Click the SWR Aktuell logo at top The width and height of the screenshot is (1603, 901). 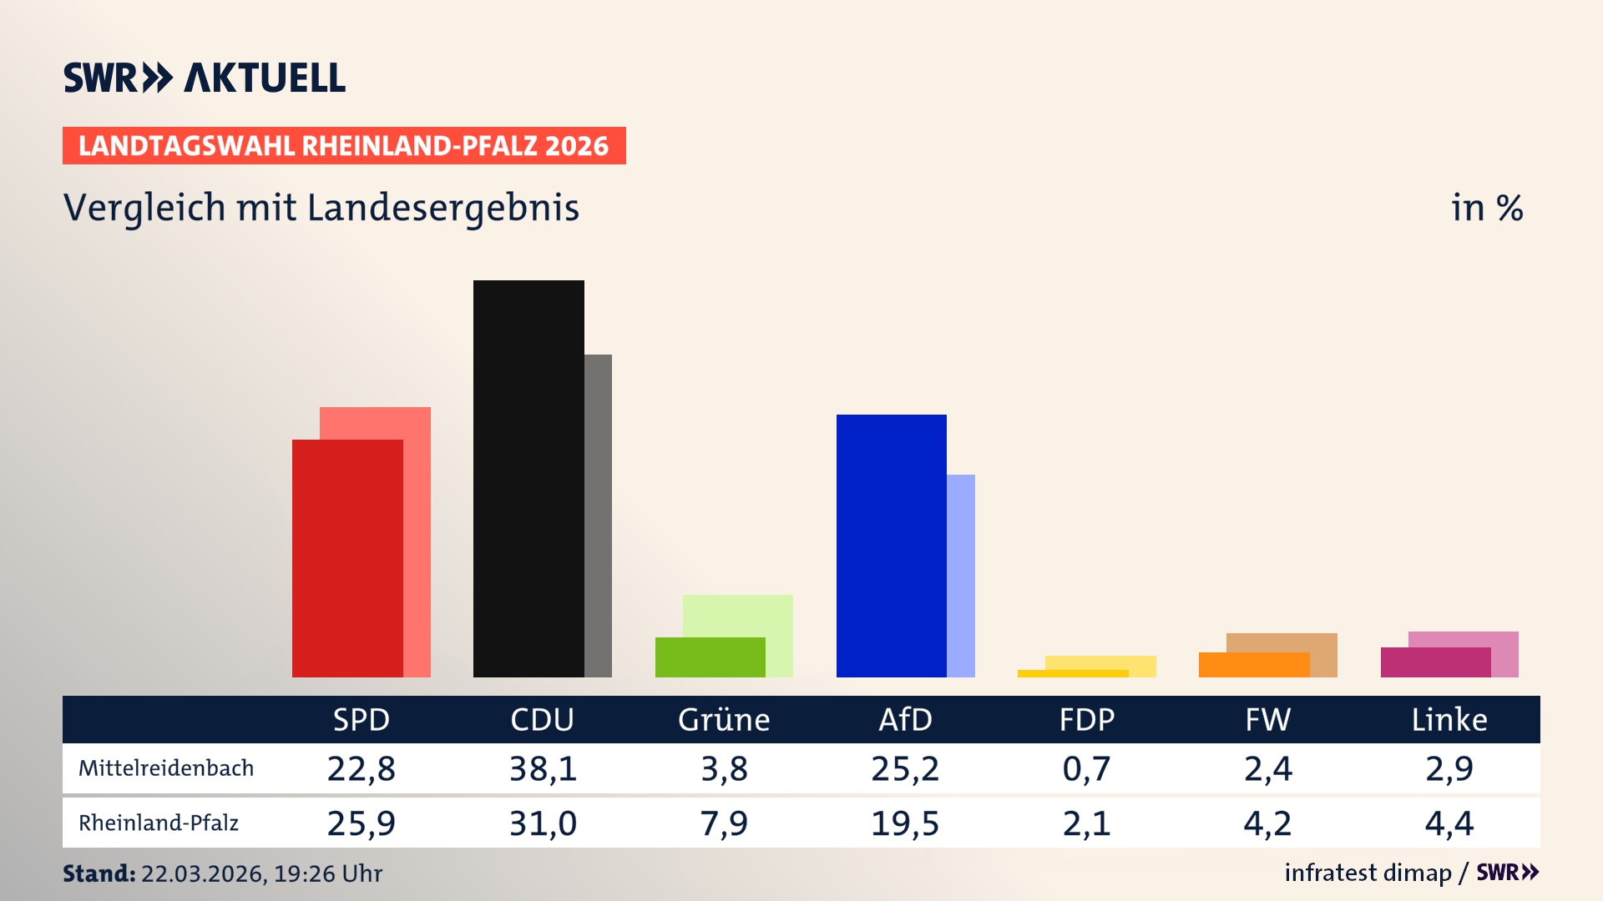[x=204, y=78]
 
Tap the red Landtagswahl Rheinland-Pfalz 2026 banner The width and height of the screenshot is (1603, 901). [x=344, y=146]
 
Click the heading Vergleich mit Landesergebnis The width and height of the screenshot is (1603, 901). [x=321, y=208]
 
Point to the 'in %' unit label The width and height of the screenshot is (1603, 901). [x=1486, y=208]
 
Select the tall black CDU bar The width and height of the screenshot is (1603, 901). [x=528, y=478]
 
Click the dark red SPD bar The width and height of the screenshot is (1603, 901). [x=346, y=557]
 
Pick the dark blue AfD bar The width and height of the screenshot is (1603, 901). [x=891, y=545]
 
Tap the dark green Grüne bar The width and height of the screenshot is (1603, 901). [x=710, y=657]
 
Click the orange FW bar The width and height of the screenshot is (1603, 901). [x=1253, y=665]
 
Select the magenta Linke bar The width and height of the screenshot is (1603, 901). [x=1435, y=662]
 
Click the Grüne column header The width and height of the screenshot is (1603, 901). [x=724, y=720]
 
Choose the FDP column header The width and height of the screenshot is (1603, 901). [x=1086, y=720]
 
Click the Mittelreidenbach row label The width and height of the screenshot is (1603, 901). [x=166, y=768]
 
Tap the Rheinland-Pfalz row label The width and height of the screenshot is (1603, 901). [x=159, y=823]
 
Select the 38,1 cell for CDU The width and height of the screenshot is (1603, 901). [x=543, y=768]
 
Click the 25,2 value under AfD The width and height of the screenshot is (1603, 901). [x=905, y=768]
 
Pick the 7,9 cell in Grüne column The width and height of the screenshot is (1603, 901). [x=724, y=823]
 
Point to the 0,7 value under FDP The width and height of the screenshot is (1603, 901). [x=1086, y=768]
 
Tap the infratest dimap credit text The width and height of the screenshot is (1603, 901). [x=1368, y=873]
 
